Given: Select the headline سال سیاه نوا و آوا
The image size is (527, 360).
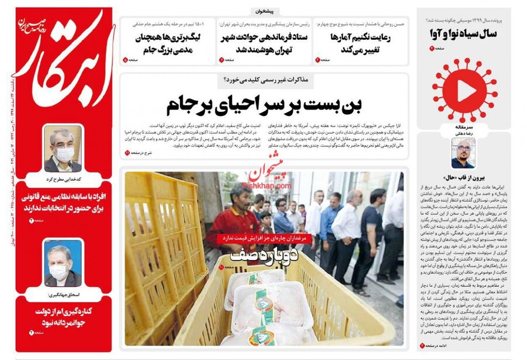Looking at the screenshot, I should (x=464, y=33).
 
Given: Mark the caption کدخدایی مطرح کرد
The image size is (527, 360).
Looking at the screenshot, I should (x=63, y=177).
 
